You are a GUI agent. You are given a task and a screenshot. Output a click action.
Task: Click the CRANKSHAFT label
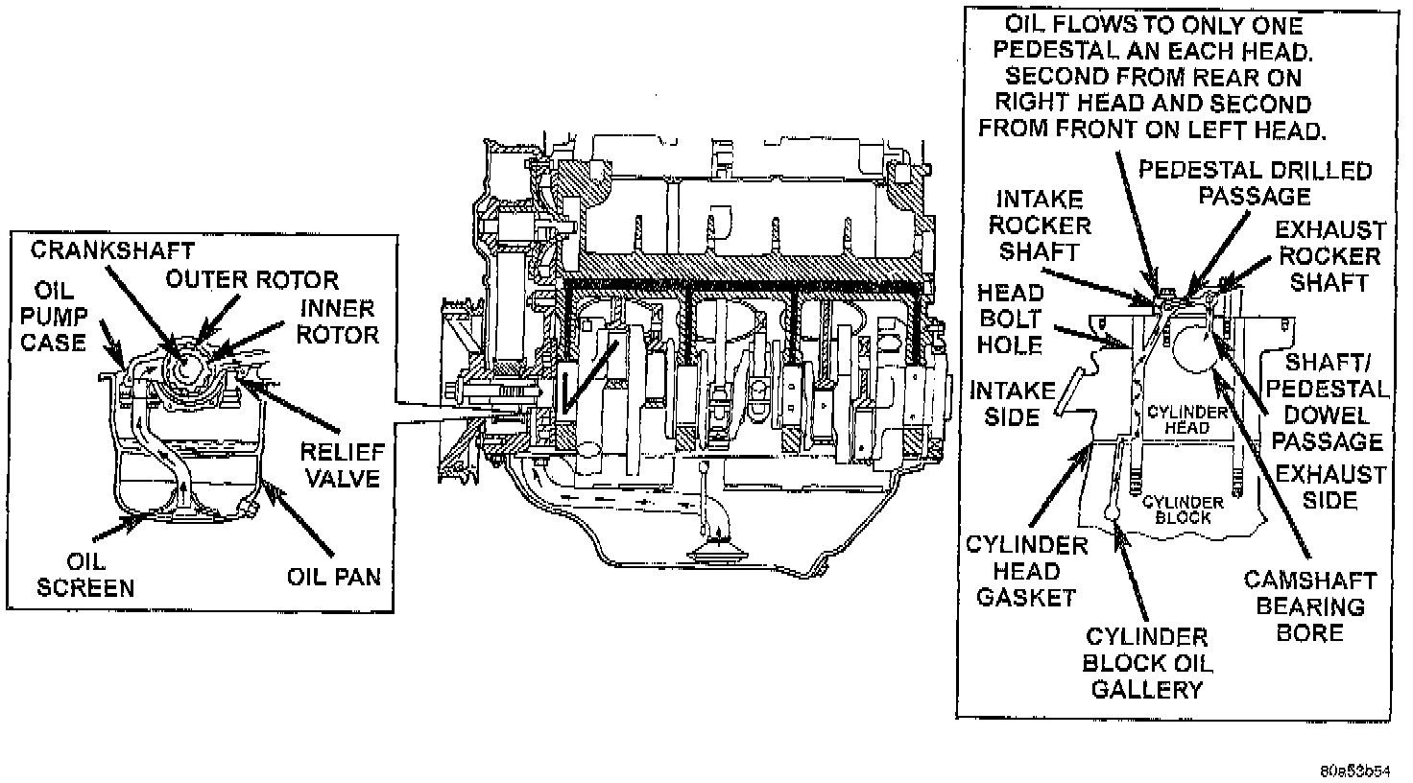(112, 251)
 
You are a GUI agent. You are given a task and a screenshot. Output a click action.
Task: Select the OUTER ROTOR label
(251, 280)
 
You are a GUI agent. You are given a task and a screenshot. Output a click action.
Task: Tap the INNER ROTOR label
(337, 321)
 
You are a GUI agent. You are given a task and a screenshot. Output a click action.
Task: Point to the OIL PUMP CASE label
(60, 316)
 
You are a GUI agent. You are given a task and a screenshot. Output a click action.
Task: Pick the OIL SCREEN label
(85, 573)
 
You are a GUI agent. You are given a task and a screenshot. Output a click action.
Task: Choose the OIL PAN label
(333, 577)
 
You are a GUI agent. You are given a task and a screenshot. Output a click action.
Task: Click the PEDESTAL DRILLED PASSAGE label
(1255, 183)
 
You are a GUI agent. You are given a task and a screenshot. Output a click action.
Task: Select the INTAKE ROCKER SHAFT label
(1040, 225)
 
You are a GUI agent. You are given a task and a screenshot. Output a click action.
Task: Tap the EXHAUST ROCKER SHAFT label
(1329, 256)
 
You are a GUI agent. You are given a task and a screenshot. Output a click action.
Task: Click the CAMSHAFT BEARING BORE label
(1310, 606)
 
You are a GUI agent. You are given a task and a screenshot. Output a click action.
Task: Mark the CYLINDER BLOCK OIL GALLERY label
(1146, 663)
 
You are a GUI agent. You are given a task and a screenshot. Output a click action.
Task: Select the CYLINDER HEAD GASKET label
(1026, 571)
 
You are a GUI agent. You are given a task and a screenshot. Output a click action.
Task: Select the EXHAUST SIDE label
(1330, 486)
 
